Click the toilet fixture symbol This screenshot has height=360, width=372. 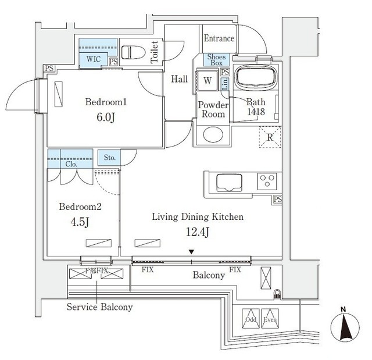pos(133,51)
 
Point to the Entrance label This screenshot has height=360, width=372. pos(219,38)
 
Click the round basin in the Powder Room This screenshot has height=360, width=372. pos(210,135)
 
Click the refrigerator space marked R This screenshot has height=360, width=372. pos(269,138)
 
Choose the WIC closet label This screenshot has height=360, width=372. pos(94,59)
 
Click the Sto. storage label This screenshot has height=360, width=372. pos(110,157)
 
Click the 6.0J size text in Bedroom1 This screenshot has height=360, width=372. pos(106,116)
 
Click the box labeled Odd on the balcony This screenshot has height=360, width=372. pos(251,319)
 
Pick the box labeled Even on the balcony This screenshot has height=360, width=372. pos(270,319)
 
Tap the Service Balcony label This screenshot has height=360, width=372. pos(99,306)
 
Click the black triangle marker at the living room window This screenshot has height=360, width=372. pos(191,252)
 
